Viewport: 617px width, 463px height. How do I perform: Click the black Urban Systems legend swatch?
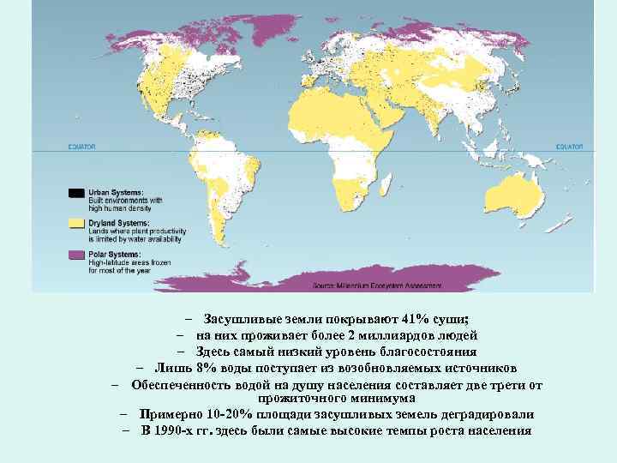(x=76, y=194)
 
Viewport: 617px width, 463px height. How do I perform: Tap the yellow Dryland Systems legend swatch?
(x=76, y=223)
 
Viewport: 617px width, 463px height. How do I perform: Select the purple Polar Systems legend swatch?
(x=76, y=255)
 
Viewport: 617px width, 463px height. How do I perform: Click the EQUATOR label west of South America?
(x=83, y=147)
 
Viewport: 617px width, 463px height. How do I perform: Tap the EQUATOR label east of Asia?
(x=569, y=147)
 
